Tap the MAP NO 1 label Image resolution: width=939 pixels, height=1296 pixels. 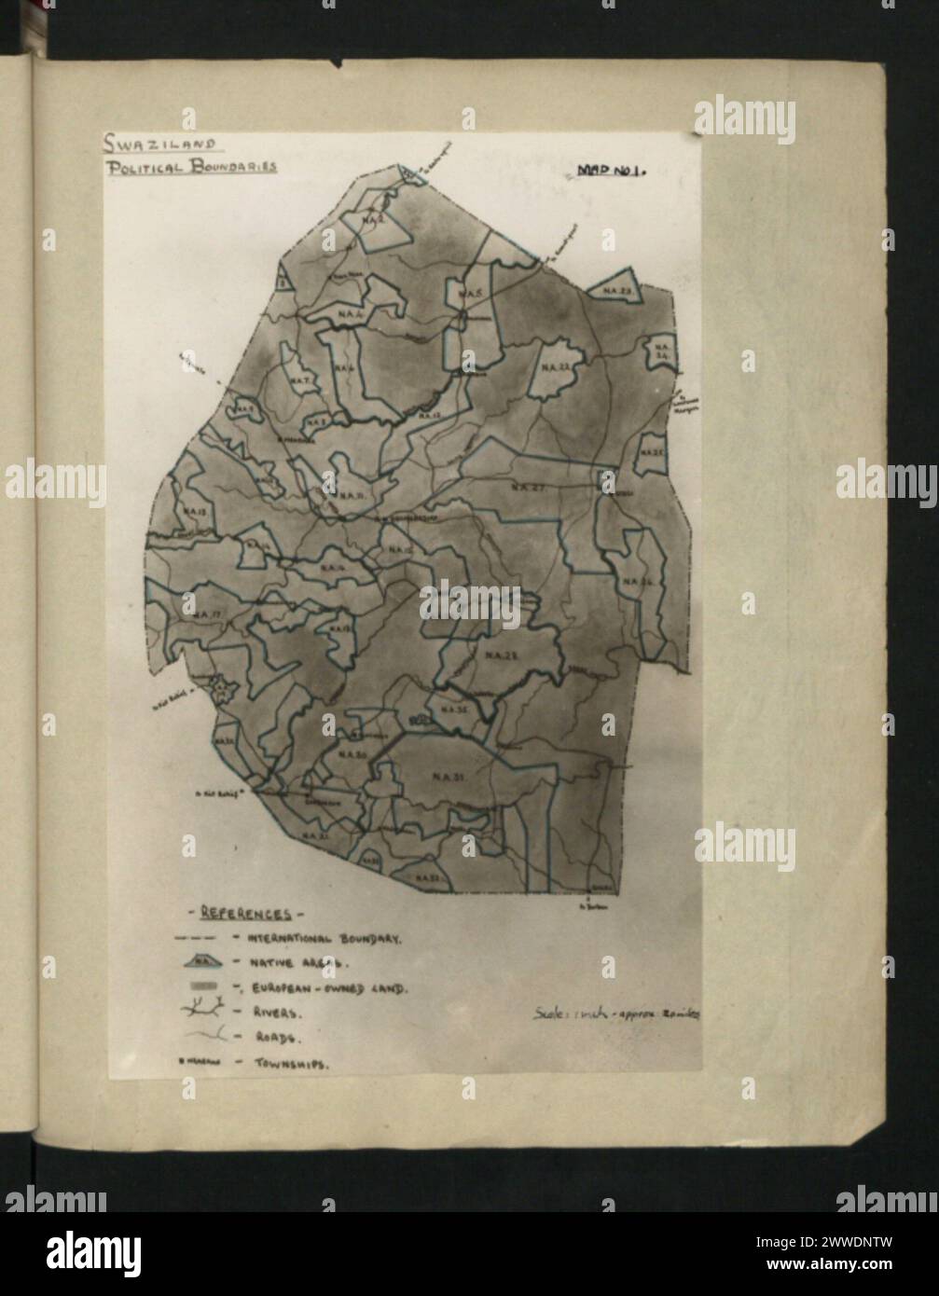[612, 171]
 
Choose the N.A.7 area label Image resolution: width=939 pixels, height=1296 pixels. [299, 380]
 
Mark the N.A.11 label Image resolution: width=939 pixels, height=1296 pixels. [352, 495]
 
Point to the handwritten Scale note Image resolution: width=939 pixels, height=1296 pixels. [616, 1011]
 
